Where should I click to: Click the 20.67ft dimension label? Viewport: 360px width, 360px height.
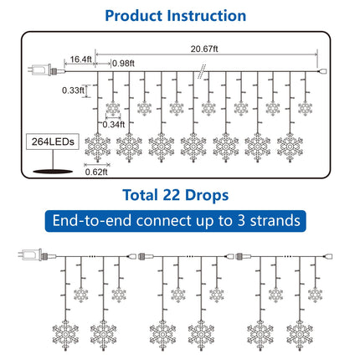click(x=204, y=49)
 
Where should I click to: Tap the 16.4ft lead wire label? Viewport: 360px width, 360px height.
click(x=80, y=59)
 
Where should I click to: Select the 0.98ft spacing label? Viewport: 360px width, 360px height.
click(x=123, y=64)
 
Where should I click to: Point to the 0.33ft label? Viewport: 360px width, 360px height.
click(x=73, y=90)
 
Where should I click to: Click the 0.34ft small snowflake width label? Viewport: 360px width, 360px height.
click(x=114, y=125)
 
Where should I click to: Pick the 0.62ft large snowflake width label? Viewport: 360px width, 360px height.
click(x=96, y=172)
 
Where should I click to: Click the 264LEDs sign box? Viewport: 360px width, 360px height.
click(x=53, y=141)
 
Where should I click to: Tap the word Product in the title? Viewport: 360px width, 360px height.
click(x=134, y=16)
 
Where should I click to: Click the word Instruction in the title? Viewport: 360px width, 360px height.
click(x=207, y=16)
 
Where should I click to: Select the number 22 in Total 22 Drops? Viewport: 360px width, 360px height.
click(x=171, y=195)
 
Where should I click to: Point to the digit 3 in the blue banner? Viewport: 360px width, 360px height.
click(x=241, y=221)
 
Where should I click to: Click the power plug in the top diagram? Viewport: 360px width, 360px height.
click(x=44, y=69)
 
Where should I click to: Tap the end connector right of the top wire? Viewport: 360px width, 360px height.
click(x=323, y=71)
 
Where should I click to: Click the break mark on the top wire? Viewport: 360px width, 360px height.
click(x=202, y=71)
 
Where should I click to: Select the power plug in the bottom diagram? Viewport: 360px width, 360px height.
click(x=36, y=255)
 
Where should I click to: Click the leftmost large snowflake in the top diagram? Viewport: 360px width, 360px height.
click(x=97, y=147)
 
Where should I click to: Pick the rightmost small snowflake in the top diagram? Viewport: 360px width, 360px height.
click(x=305, y=108)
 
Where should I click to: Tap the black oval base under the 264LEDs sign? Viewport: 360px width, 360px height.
click(x=53, y=172)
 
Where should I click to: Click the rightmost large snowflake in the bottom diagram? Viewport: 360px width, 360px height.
click(x=300, y=335)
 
